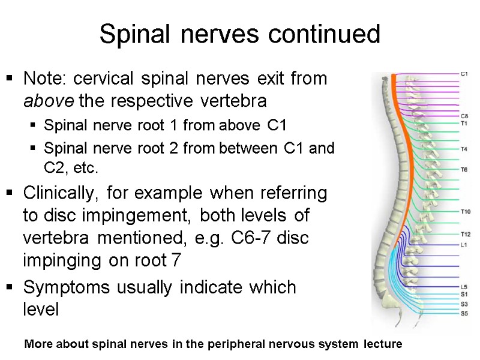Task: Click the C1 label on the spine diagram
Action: tap(464, 74)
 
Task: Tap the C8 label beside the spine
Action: tap(464, 116)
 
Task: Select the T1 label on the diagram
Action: tap(464, 123)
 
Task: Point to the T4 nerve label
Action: tap(464, 149)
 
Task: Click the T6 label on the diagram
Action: tap(464, 170)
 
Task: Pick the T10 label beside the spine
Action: tap(465, 211)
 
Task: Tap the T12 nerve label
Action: tap(465, 234)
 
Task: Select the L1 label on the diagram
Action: tap(464, 245)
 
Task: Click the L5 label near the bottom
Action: tap(464, 287)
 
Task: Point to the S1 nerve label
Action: tap(464, 294)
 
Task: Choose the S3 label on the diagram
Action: tap(464, 304)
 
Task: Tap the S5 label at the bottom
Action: tap(464, 313)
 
